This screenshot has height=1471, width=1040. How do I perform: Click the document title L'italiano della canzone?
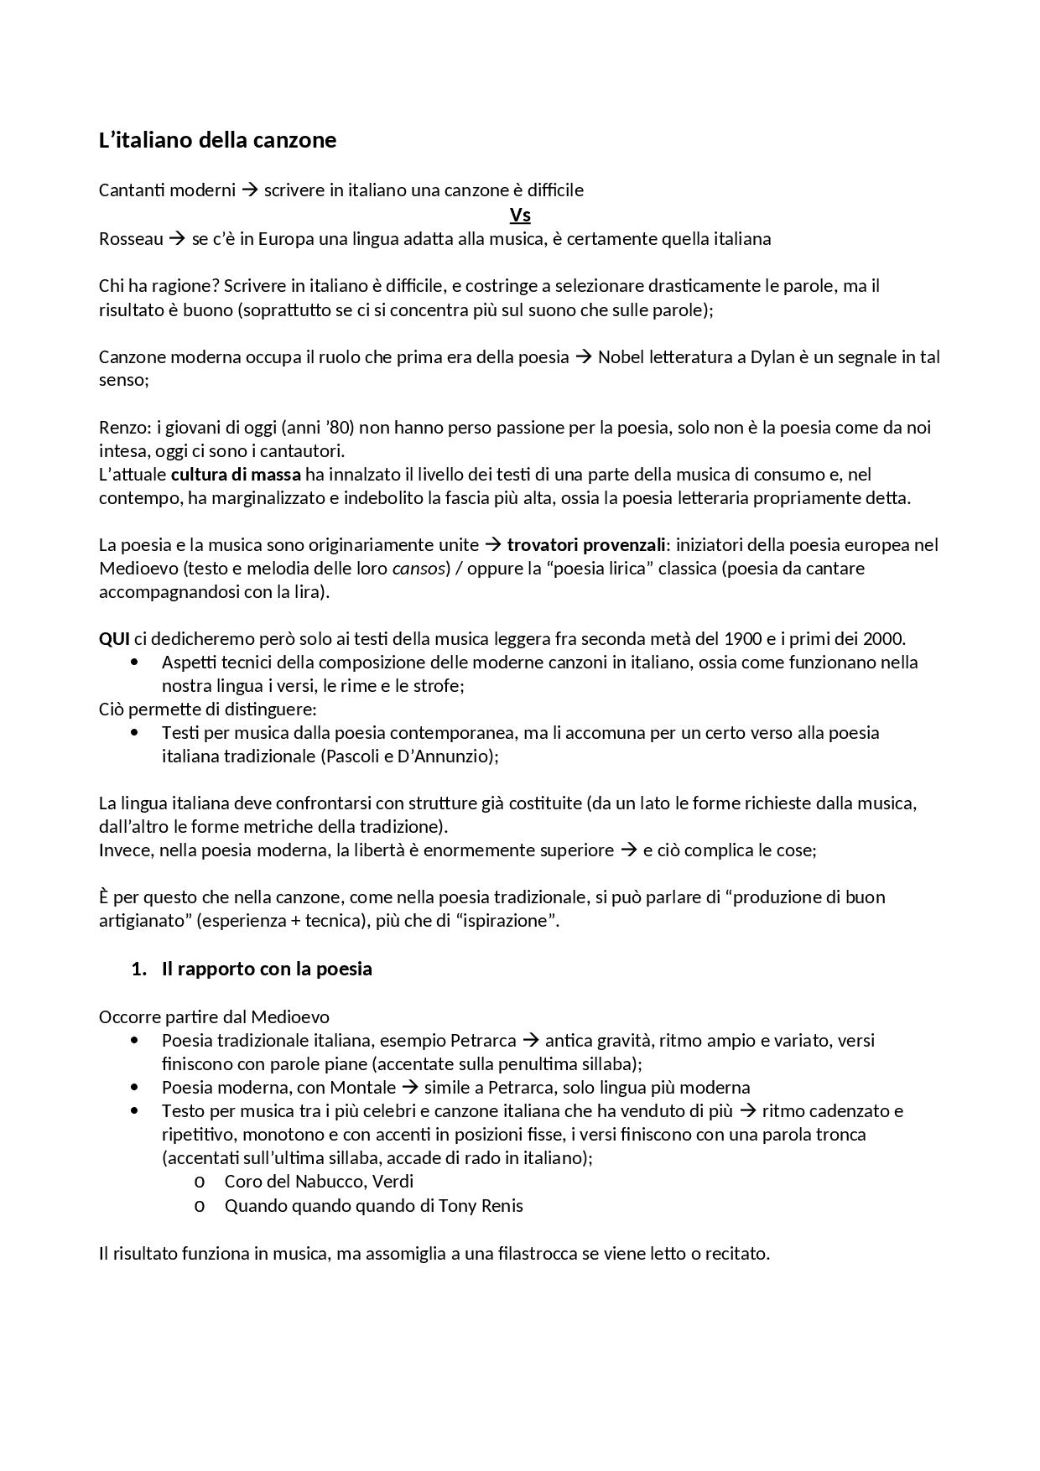click(217, 140)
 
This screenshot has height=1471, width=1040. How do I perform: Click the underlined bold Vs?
click(520, 216)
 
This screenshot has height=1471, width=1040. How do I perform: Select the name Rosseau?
click(131, 239)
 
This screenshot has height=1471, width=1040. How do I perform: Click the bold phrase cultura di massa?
click(236, 475)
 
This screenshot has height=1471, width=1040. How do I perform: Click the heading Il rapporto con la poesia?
click(267, 969)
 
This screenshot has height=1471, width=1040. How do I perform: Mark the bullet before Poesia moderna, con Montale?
click(134, 1088)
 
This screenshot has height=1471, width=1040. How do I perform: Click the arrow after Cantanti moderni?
click(249, 190)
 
